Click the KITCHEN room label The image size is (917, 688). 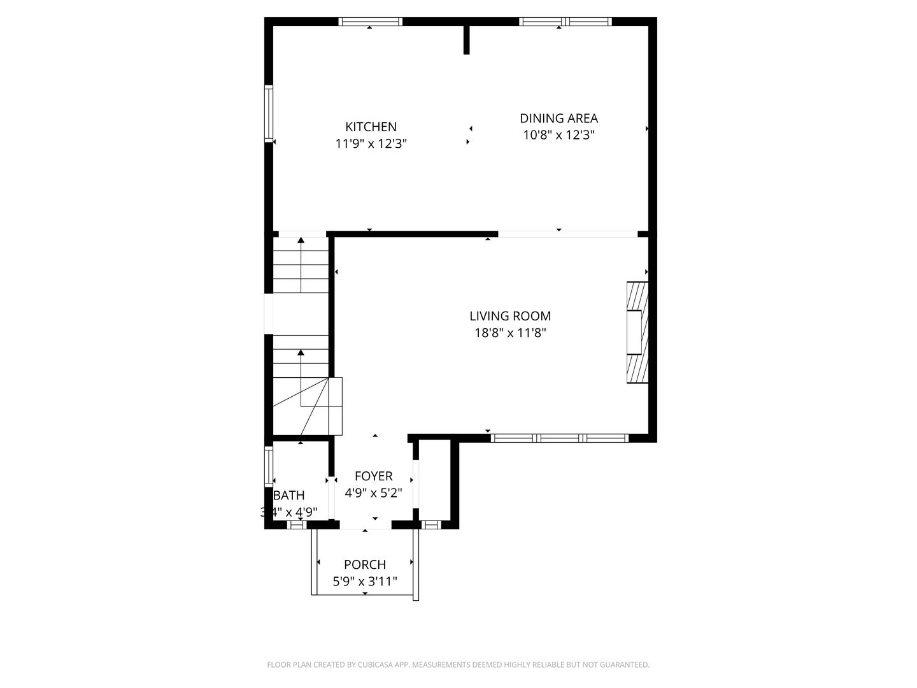[x=371, y=127]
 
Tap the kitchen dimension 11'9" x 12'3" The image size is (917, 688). [x=371, y=144]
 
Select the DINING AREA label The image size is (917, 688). [x=558, y=118]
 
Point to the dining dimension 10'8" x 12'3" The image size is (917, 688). [x=558, y=135]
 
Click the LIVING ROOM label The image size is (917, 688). [x=510, y=316]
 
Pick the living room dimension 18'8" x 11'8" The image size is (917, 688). [x=510, y=333]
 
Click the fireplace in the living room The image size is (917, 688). [x=637, y=333]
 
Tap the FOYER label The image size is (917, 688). [x=373, y=476]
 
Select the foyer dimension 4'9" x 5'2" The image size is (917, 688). [x=373, y=493]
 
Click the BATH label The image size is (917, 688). [x=289, y=495]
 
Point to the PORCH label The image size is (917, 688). [x=364, y=564]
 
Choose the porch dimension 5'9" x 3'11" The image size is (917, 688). [x=364, y=581]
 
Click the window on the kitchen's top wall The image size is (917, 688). [x=370, y=22]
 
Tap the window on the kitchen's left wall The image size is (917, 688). [x=269, y=113]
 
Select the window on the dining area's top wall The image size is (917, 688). [x=565, y=22]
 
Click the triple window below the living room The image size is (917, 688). [x=560, y=438]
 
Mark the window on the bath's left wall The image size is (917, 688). [x=269, y=468]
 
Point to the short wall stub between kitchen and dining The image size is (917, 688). [x=466, y=39]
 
